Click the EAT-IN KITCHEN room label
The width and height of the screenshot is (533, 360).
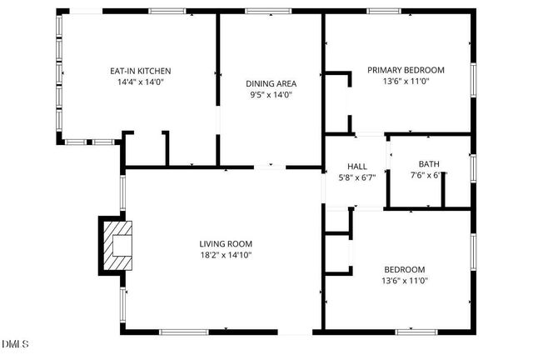click(x=141, y=71)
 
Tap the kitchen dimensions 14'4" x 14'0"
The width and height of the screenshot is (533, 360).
click(x=141, y=82)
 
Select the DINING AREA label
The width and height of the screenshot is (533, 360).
click(x=271, y=83)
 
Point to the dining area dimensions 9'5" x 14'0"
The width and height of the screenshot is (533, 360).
click(x=271, y=95)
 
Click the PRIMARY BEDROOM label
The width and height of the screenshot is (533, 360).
click(x=406, y=70)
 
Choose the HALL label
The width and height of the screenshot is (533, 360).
click(x=356, y=166)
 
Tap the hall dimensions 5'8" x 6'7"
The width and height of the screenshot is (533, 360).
click(x=356, y=177)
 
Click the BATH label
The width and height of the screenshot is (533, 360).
click(x=429, y=164)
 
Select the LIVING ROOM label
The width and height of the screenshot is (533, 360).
click(x=225, y=244)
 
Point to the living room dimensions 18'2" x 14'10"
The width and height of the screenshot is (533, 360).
click(x=225, y=256)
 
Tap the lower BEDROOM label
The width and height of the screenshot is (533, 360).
click(x=404, y=269)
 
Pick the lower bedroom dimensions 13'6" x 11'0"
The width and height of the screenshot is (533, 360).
click(x=406, y=281)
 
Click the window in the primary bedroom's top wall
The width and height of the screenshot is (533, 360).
click(x=384, y=11)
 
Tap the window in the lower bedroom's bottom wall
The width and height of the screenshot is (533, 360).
click(x=416, y=332)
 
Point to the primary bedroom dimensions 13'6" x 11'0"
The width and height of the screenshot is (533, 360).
click(x=406, y=82)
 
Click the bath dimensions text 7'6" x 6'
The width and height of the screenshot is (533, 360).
click(x=425, y=176)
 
